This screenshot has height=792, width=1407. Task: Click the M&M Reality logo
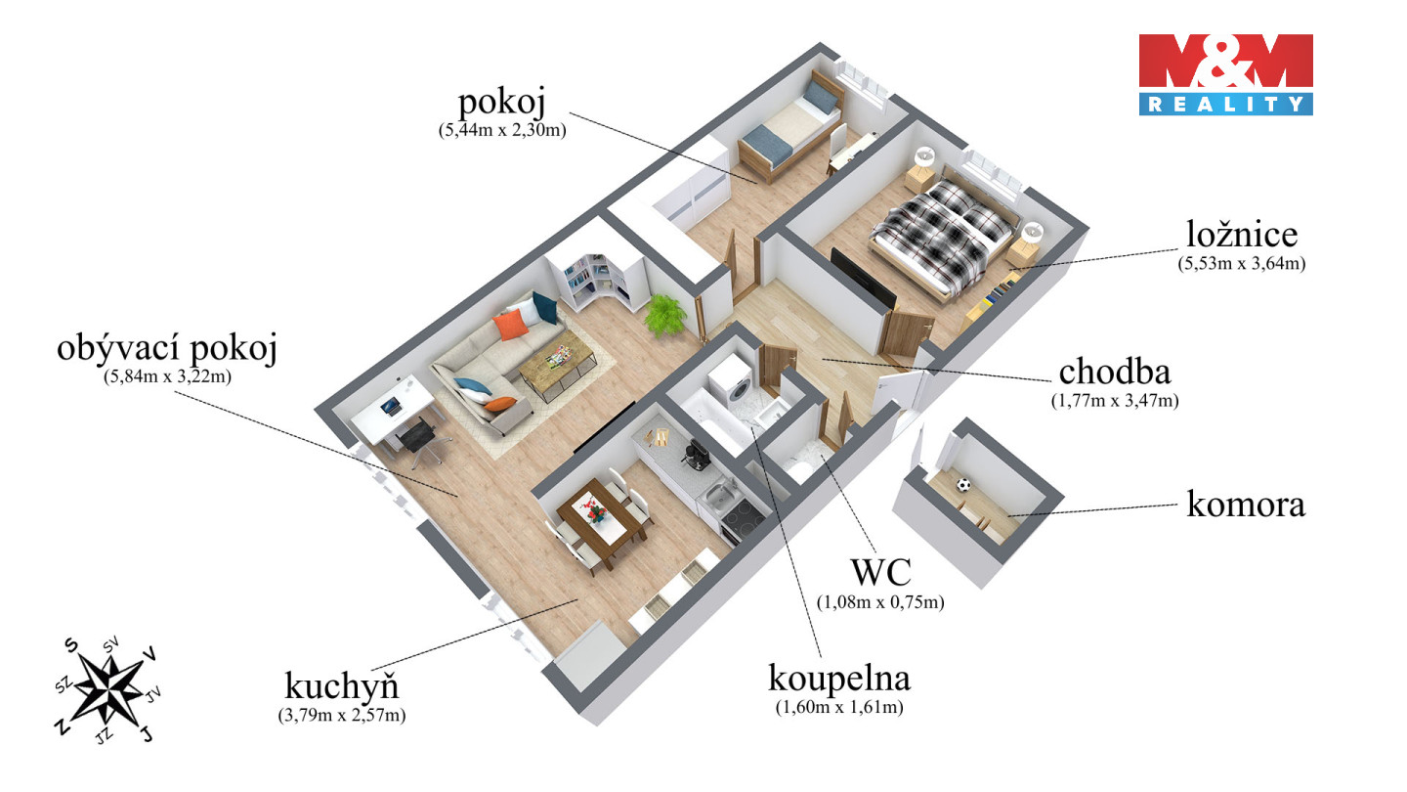[1225, 74]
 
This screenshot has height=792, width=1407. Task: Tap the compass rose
[107, 687]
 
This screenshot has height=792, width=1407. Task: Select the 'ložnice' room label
[1242, 235]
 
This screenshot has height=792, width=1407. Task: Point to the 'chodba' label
[1115, 372]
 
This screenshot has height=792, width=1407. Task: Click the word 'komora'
[1246, 505]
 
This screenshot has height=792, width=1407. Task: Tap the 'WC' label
[880, 572]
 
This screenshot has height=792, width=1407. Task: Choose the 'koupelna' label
[839, 677]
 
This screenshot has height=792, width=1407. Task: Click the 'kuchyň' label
[341, 683]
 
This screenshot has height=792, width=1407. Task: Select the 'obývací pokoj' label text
[166, 348]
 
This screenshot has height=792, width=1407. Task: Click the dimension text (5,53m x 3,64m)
[1243, 262]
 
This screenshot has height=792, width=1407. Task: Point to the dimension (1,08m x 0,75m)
[880, 602]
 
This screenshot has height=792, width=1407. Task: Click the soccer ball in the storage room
[964, 484]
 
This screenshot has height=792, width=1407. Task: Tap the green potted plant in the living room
[667, 315]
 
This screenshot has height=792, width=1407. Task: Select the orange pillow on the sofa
[509, 324]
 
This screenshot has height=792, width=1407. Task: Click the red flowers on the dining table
[592, 506]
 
